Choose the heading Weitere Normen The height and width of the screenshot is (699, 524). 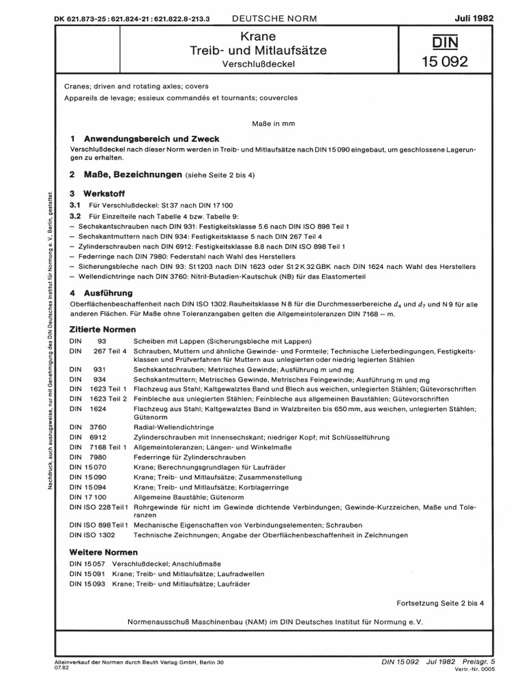coord(104,552)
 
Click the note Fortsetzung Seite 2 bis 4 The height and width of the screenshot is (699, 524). coord(439,603)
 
